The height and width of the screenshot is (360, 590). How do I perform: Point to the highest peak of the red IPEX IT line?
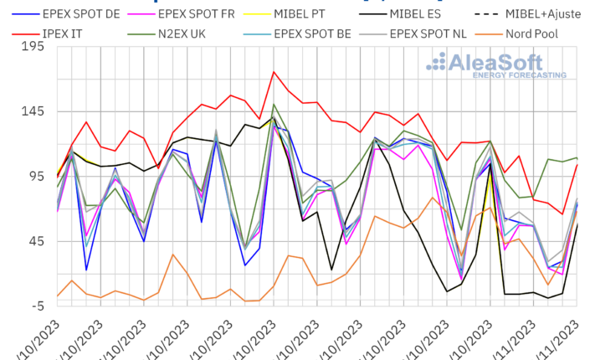pyautogui.click(x=274, y=72)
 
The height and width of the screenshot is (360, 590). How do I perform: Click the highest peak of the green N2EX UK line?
pyautogui.click(x=274, y=105)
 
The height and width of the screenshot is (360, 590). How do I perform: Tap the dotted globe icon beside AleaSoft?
pyautogui.click(x=438, y=61)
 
